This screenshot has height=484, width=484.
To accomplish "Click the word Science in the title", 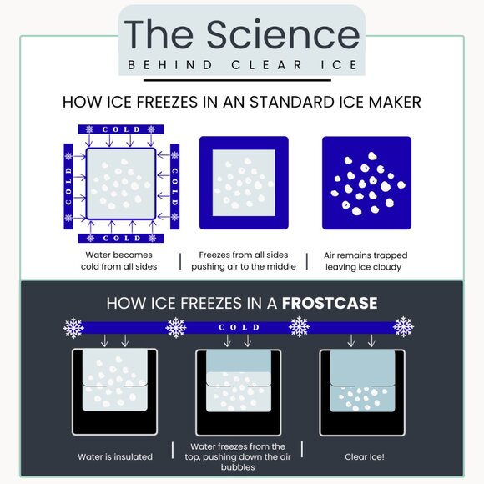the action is [283, 34].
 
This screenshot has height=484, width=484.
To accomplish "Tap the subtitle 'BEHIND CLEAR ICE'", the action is [242, 65].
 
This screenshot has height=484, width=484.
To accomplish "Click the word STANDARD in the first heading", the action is [292, 102].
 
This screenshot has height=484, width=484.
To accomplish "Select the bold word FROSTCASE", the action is [330, 303].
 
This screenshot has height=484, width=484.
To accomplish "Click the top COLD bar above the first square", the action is [121, 129].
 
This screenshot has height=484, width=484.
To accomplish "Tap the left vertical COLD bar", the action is [68, 186].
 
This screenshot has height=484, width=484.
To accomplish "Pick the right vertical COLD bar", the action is [174, 186].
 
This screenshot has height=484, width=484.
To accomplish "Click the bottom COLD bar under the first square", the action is [121, 238].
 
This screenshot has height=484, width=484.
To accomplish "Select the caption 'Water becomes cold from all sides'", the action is [118, 260].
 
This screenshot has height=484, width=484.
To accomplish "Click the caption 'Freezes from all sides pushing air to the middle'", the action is [244, 260].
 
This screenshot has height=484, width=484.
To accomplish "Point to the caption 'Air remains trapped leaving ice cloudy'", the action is [366, 261].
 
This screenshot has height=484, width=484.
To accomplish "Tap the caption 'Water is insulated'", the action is [115, 456].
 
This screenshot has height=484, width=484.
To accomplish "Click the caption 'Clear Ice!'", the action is [365, 456].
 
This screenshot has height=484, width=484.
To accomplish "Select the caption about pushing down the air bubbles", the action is [238, 456].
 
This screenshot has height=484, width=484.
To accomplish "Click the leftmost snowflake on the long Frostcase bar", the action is [73, 328].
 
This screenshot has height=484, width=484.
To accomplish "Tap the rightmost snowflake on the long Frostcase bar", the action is [403, 327].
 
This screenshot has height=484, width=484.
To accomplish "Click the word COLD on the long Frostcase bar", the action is [239, 327].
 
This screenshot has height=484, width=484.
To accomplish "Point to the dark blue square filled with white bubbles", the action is [366, 183].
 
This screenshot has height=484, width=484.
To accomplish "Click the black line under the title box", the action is [237, 81].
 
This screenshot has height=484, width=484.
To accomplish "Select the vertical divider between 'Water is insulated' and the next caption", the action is [173, 450].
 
